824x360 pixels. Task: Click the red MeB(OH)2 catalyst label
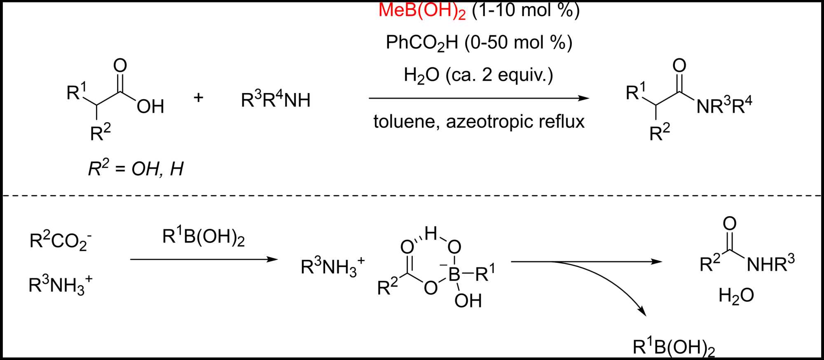point(422,11)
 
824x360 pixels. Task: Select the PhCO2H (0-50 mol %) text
point(479,43)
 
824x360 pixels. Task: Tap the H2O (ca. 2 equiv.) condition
point(478,75)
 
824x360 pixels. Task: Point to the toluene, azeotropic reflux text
point(479,122)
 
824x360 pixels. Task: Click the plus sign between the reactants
point(199,98)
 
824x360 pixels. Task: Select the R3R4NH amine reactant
point(276,100)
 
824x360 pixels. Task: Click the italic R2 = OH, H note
point(136,168)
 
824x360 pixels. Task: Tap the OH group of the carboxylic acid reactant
point(150,107)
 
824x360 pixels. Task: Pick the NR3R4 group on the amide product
point(724,106)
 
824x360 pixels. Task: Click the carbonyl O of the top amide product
point(679,65)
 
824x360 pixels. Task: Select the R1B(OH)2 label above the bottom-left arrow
point(204,237)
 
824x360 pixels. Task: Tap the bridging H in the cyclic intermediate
point(431,234)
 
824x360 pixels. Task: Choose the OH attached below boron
point(468,301)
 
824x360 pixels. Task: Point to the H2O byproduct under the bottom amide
point(736,296)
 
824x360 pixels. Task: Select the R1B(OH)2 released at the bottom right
point(674,348)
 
